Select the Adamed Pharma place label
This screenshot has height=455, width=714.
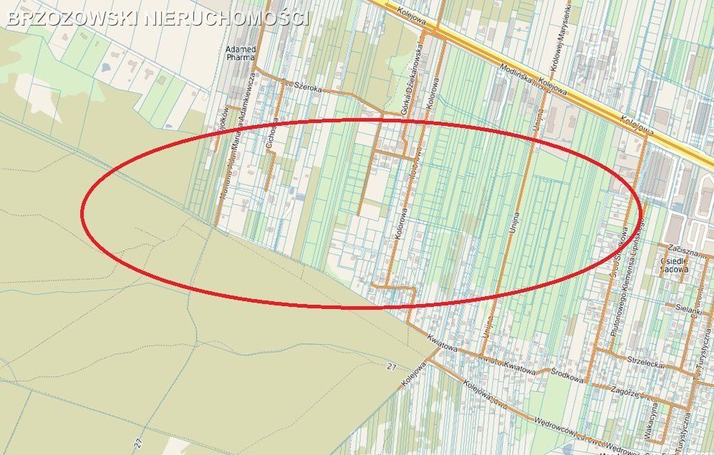tap(241, 54)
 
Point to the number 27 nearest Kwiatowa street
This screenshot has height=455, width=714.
tap(391, 367)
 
